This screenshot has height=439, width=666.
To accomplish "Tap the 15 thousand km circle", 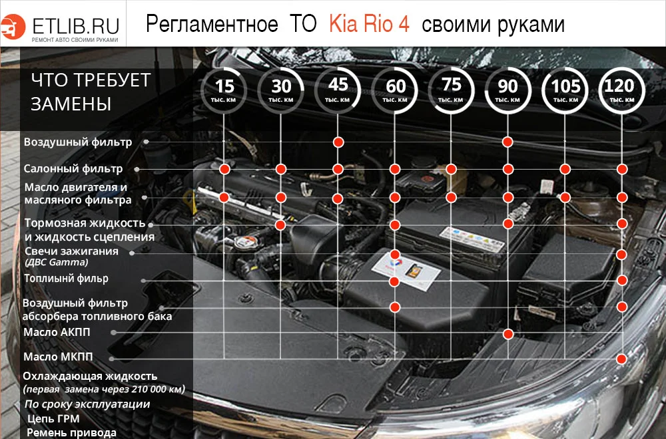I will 224,90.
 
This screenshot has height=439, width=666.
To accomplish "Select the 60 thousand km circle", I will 395,90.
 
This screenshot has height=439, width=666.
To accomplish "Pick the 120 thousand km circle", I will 622,90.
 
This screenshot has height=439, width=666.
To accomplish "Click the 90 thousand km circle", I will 508,90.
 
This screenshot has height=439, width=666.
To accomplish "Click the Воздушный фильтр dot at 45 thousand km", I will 338,142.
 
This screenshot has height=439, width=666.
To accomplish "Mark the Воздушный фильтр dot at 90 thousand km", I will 508,142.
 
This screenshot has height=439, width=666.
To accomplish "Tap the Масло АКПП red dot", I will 508,333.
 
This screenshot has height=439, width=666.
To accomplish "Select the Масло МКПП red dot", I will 622,359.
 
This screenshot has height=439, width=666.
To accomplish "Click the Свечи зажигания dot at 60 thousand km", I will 395,255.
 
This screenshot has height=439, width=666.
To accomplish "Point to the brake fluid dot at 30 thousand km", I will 281,225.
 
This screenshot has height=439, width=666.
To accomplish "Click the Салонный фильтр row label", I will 73,168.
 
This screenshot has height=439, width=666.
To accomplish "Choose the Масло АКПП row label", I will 57,332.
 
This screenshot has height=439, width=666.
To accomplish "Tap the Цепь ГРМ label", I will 53,418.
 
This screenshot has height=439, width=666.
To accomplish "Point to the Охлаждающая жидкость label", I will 90,376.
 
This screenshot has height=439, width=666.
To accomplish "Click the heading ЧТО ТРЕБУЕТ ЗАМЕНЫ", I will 91,92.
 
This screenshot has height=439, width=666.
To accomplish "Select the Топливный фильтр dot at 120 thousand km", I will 622,280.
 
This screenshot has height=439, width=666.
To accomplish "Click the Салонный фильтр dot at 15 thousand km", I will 224,169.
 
